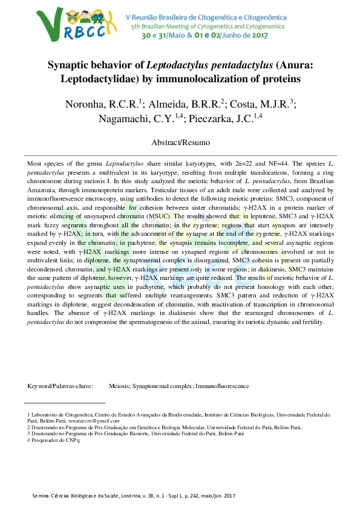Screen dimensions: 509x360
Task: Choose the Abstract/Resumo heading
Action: pyautogui.click(x=180, y=143)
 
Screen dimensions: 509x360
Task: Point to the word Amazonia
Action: pyautogui.click(x=43, y=190)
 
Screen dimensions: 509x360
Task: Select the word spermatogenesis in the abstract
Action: pyautogui.click(x=171, y=322)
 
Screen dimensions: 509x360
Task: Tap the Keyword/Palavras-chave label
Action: pyautogui.click(x=60, y=386)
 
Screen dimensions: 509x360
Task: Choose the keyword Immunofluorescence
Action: pyautogui.click(x=222, y=386)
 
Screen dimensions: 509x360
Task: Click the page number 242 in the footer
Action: pyautogui.click(x=190, y=496)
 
